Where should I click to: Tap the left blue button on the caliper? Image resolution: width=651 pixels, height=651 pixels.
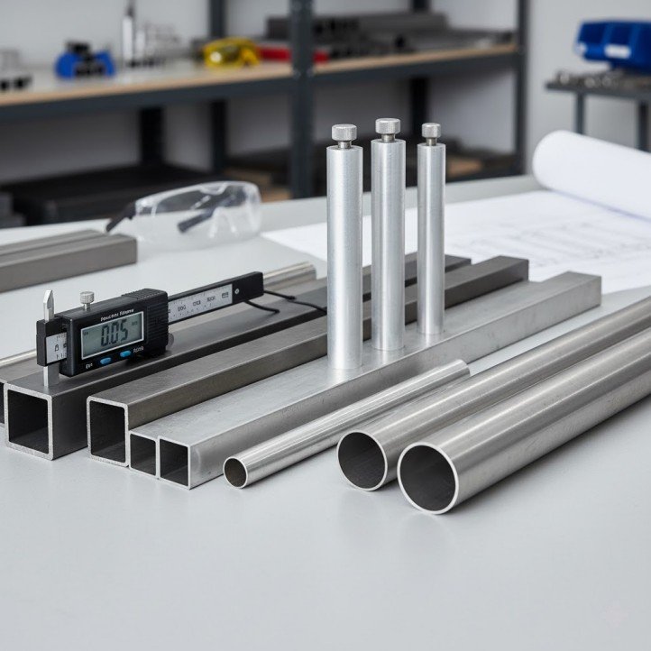point(102,360)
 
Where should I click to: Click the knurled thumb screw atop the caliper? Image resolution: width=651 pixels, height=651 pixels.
point(87,297)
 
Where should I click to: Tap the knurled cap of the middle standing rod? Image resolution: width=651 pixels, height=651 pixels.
point(388,127)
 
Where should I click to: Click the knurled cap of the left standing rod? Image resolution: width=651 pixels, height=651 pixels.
point(344,133)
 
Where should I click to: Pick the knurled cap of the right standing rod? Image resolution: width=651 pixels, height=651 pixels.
point(431,131)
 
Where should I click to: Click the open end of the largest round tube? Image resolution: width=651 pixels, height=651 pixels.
point(426,477)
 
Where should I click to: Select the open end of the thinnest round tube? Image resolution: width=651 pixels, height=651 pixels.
point(235,472)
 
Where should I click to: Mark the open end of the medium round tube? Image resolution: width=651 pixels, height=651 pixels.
point(362,460)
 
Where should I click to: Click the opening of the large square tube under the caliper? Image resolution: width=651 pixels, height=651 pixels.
point(28,418)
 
